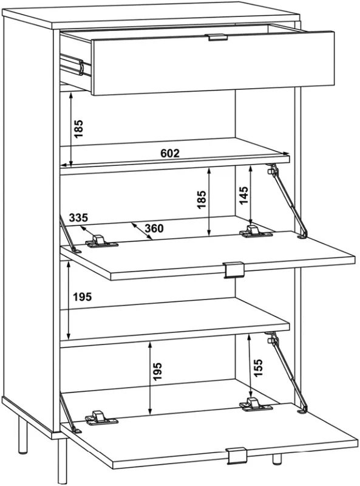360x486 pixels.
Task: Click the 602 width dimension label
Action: point(170,153)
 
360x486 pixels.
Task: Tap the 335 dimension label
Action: point(78,217)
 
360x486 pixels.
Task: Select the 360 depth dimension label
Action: point(154,228)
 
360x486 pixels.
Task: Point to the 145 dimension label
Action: point(244,195)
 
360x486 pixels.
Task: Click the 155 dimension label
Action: point(258,368)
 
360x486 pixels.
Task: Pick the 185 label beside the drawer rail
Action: point(79,129)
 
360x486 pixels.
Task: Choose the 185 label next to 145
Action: point(202,200)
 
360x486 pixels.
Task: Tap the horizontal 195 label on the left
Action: point(83,297)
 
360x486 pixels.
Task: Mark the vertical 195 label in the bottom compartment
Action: point(157,371)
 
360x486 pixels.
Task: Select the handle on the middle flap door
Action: point(234,270)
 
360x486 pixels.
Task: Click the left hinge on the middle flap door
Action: point(101,241)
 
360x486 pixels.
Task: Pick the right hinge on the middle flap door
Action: point(256,231)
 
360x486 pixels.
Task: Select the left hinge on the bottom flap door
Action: point(101,418)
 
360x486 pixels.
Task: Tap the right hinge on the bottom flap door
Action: point(256,405)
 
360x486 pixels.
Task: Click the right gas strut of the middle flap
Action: point(287,201)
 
